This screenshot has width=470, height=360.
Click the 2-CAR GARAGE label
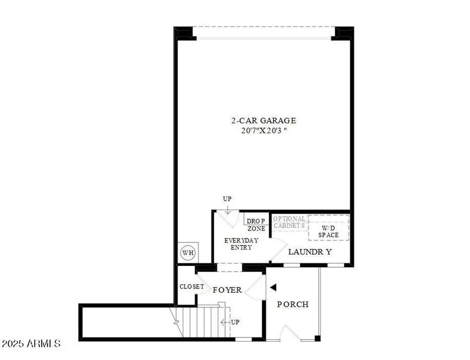click(260, 121)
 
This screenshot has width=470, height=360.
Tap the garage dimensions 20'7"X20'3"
click(260, 130)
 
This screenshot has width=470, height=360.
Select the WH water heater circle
click(187, 253)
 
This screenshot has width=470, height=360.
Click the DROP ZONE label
click(256, 225)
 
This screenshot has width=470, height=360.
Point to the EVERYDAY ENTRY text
click(238, 244)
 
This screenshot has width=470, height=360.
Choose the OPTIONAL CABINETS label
click(289, 222)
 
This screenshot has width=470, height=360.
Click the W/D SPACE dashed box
click(328, 227)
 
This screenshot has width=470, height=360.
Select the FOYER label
click(227, 289)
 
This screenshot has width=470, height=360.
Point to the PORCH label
click(292, 304)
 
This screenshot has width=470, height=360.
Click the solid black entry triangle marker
click(273, 286)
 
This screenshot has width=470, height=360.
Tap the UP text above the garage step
click(227, 199)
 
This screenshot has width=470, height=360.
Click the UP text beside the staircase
click(234, 322)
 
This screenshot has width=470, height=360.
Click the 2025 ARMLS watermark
click(31, 344)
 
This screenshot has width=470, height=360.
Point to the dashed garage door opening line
click(263, 27)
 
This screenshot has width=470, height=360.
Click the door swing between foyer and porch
click(256, 288)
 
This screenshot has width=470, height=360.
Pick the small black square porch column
click(318, 339)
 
